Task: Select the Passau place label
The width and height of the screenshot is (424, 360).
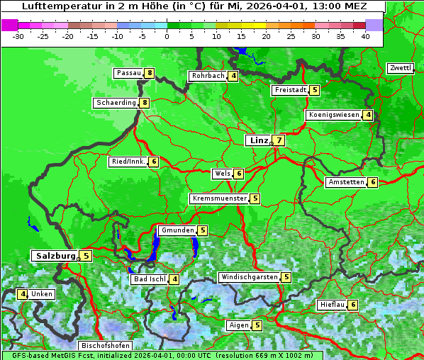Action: click(128, 73)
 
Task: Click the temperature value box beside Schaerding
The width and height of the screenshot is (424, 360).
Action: click(145, 103)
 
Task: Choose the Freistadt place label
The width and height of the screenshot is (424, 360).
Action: click(290, 90)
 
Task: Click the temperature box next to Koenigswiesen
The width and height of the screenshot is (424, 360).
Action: click(368, 115)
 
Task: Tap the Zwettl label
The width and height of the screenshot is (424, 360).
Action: click(400, 68)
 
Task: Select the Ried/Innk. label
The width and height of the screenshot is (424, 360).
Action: click(128, 162)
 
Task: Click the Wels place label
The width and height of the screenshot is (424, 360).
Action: click(222, 174)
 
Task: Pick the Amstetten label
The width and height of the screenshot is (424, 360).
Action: click(345, 182)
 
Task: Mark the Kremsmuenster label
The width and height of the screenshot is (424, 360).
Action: click(218, 198)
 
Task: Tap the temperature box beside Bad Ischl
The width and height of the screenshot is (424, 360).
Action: click(174, 279)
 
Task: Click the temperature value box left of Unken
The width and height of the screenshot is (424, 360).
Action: click(23, 294)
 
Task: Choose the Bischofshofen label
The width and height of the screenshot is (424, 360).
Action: click(105, 346)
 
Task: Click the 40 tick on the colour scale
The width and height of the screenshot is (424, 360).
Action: click(365, 36)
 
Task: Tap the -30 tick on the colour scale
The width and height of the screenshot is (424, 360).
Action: click(18, 36)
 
